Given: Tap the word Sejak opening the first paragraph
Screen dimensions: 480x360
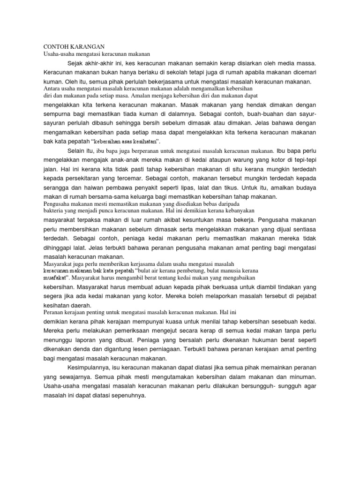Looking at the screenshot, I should coord(75,63).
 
